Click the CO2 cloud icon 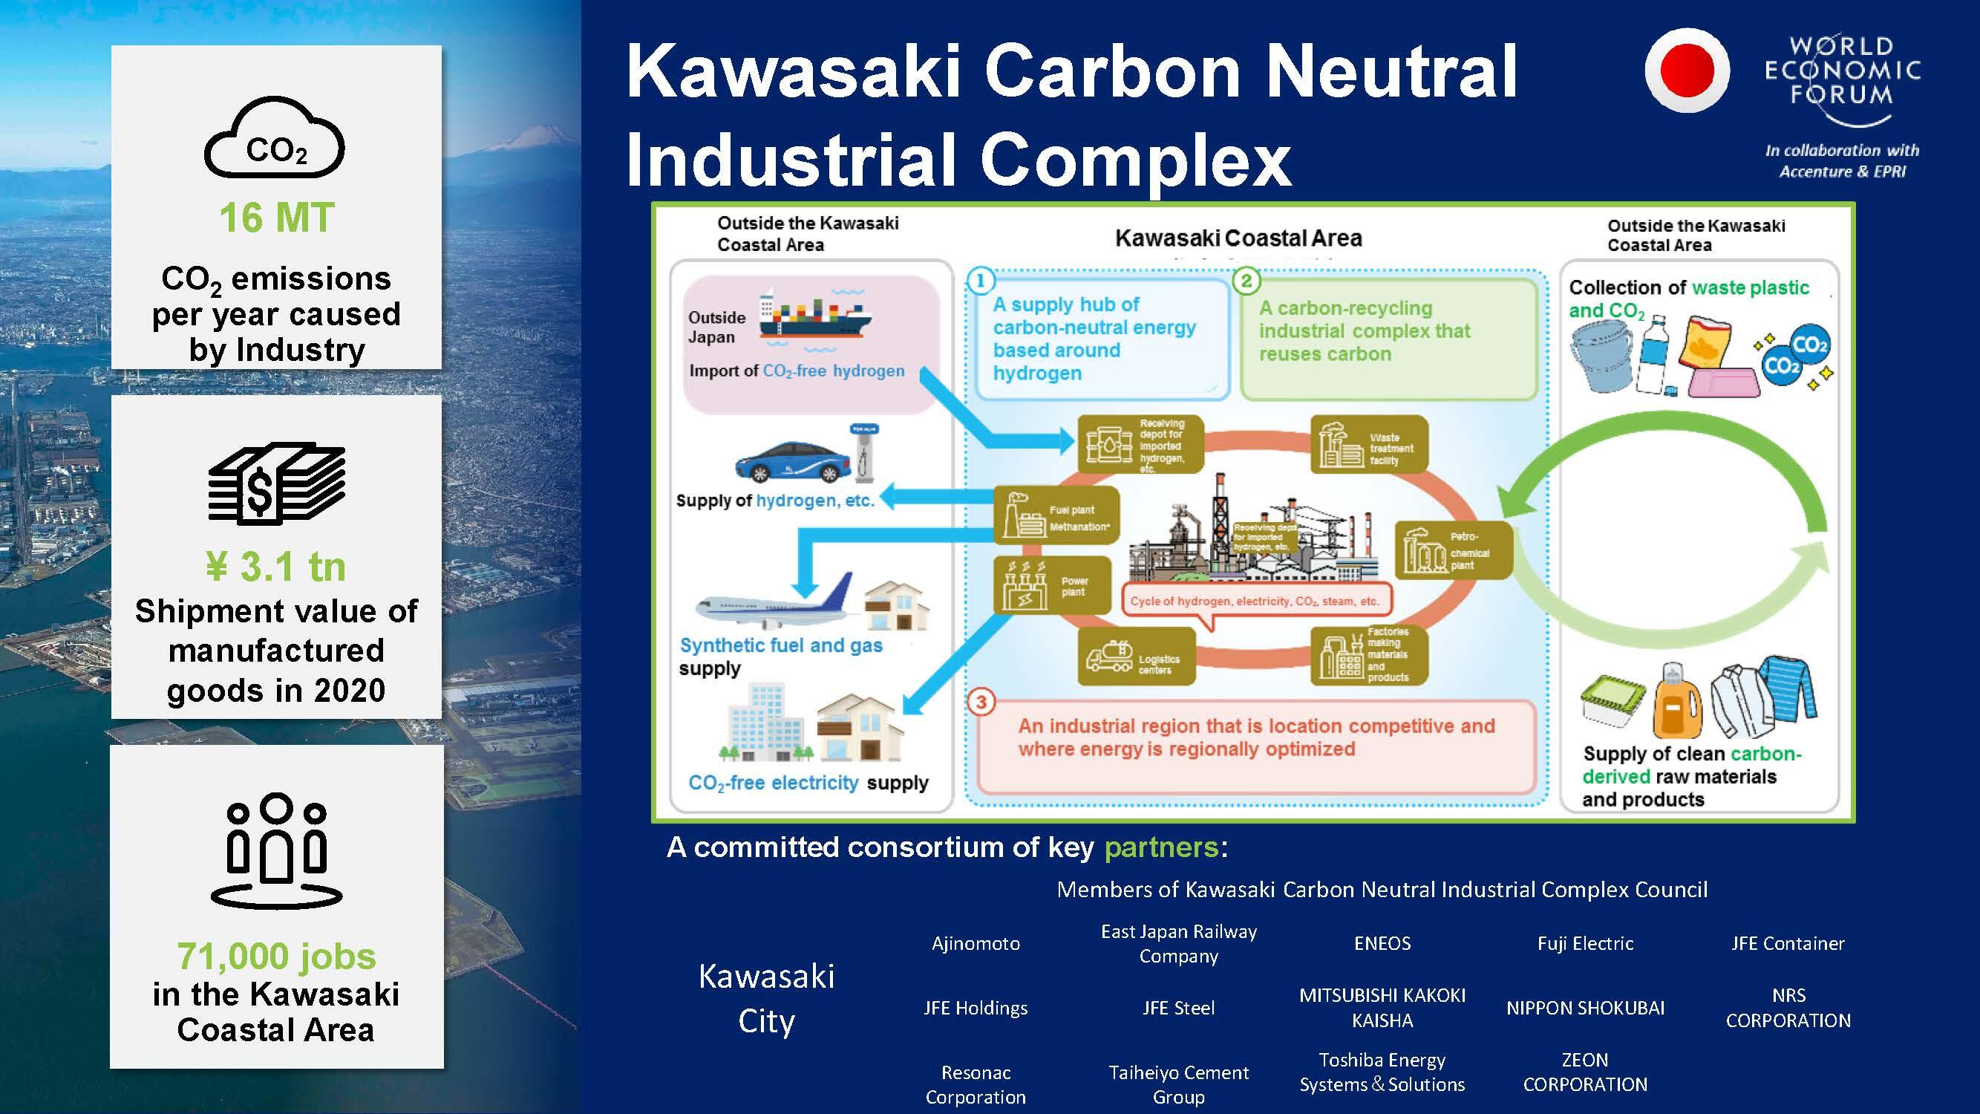click(275, 138)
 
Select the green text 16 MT click(277, 218)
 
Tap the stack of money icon click(277, 483)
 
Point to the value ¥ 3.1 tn click(277, 567)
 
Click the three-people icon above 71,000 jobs click(277, 850)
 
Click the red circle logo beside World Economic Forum click(1687, 70)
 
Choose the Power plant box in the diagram click(1052, 585)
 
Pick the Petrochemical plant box click(1453, 550)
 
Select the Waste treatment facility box click(1369, 444)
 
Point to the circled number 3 click(981, 702)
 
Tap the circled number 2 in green click(1246, 281)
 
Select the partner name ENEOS click(1382, 943)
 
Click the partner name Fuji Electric click(1585, 943)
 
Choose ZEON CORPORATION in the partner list click(1585, 1072)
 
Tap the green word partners click(1160, 847)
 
